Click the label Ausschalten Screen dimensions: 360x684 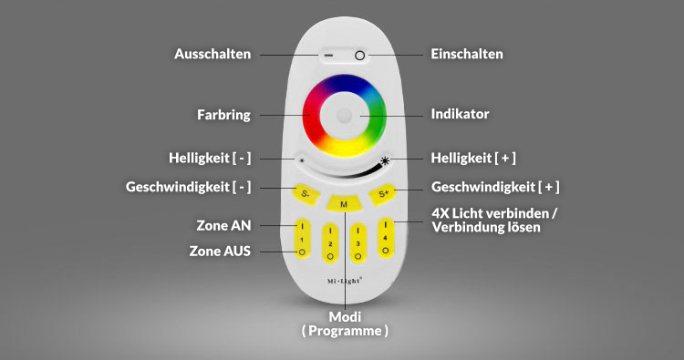[212, 55]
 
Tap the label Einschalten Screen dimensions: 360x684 [467, 55]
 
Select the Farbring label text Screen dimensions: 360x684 [223, 115]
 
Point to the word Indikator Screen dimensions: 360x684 [461, 115]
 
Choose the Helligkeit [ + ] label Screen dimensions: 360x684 [473, 158]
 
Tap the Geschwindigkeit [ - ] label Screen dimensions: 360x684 [188, 188]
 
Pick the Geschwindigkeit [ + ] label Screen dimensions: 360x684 [495, 188]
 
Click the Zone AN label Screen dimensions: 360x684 [223, 224]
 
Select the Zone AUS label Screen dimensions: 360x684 [220, 251]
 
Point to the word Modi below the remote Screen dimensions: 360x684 [345, 315]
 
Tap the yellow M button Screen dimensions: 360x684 [343, 204]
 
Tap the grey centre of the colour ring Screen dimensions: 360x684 [345, 116]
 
